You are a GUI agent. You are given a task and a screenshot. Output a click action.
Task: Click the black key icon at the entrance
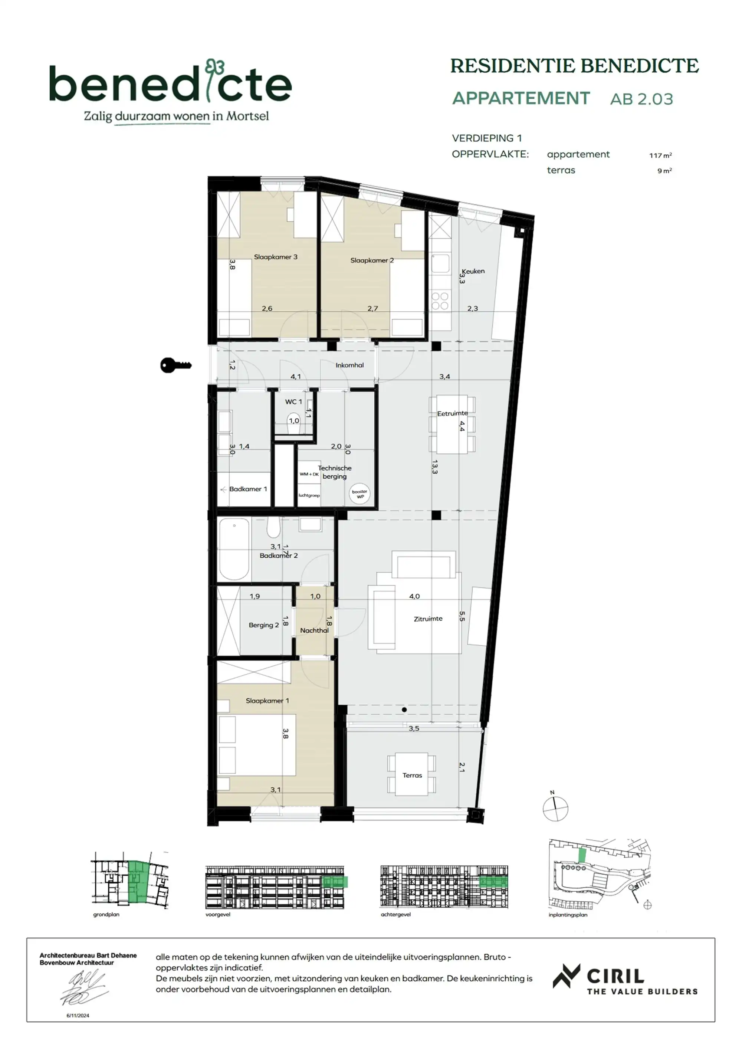pyautogui.click(x=175, y=365)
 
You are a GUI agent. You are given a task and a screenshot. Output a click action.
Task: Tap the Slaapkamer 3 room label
pyautogui.click(x=276, y=257)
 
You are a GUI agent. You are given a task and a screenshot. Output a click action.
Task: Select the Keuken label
pyautogui.click(x=473, y=271)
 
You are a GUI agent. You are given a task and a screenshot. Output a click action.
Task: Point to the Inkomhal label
pyautogui.click(x=349, y=365)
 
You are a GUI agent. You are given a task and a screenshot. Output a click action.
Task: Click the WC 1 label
pyautogui.click(x=293, y=401)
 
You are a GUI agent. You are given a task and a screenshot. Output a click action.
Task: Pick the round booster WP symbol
pyautogui.click(x=360, y=494)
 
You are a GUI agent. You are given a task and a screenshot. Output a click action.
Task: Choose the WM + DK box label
pyautogui.click(x=309, y=474)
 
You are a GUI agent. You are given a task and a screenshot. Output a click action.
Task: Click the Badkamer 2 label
pyautogui.click(x=279, y=555)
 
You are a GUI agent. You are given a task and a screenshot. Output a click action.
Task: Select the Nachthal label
pyautogui.click(x=314, y=630)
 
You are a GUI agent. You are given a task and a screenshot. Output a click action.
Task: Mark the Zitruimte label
pyautogui.click(x=428, y=619)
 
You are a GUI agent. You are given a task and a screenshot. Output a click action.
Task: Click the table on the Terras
pyautogui.click(x=412, y=775)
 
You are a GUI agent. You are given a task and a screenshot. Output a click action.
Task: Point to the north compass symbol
pyautogui.click(x=555, y=808)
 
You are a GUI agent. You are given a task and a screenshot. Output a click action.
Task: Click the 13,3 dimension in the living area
pyautogui.click(x=434, y=466)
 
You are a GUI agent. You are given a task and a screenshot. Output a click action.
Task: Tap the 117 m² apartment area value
pyautogui.click(x=660, y=155)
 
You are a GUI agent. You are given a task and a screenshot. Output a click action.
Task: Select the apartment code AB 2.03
pyautogui.click(x=641, y=99)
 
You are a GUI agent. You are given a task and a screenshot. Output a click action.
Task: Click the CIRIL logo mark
pyautogui.click(x=567, y=976)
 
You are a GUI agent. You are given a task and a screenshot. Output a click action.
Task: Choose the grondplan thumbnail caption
pyautogui.click(x=106, y=915)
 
